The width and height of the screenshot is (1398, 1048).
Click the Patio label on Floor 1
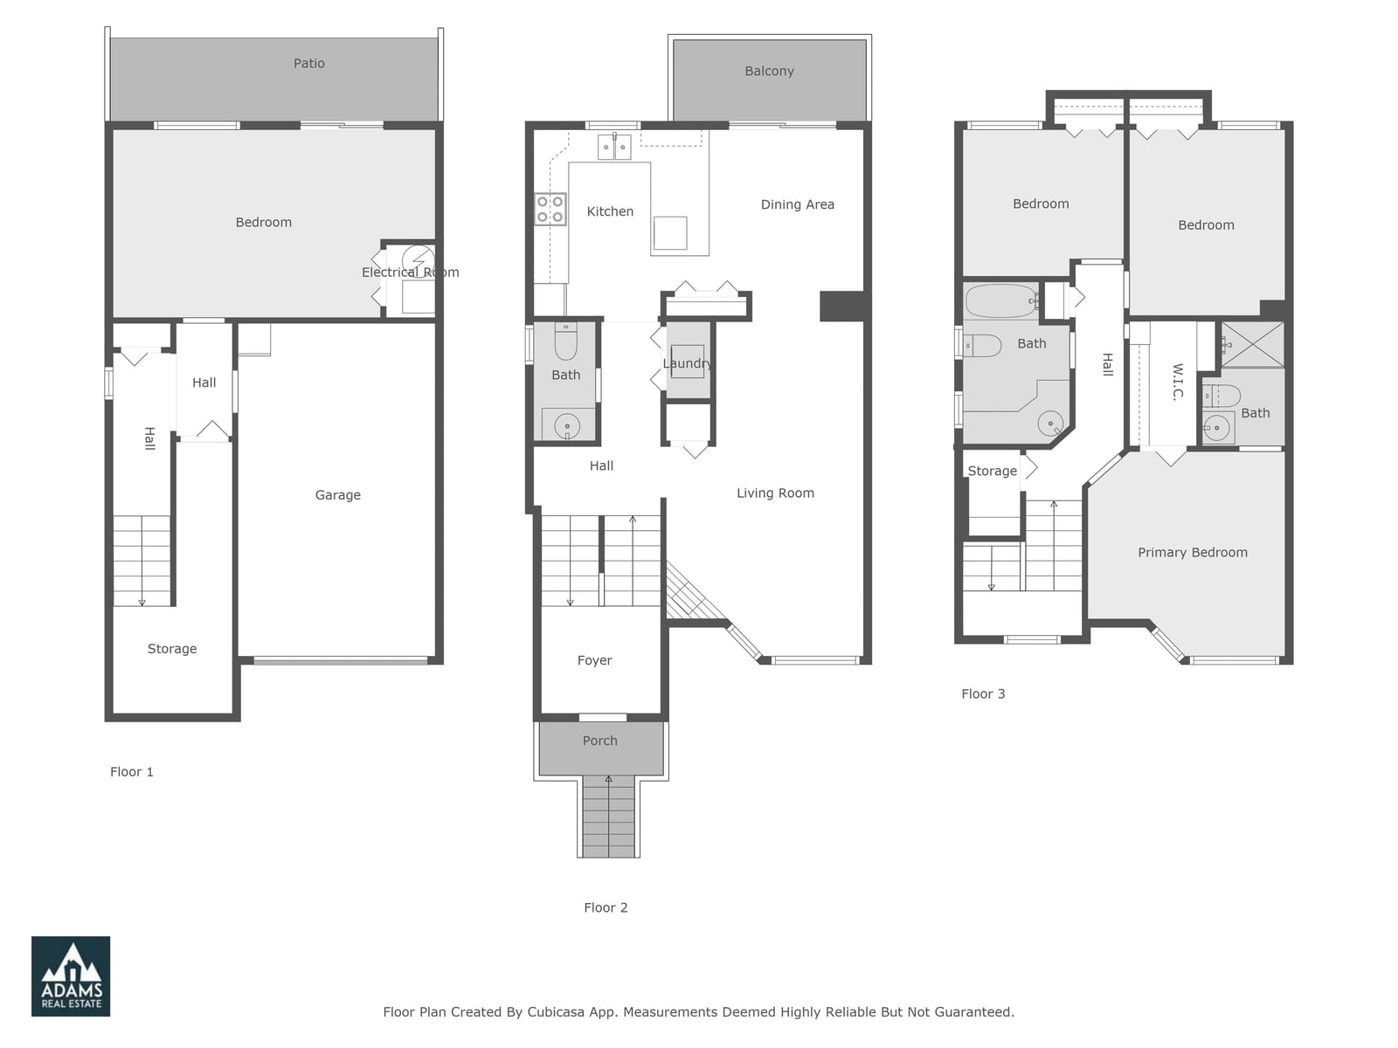point(309,64)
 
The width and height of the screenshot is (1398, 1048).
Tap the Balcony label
point(770,72)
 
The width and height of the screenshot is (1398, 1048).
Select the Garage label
point(337,495)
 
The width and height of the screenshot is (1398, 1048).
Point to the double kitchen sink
point(614,147)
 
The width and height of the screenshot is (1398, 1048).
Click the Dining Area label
point(798,205)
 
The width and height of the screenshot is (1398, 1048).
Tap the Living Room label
point(775,493)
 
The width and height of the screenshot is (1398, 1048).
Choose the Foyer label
point(594,660)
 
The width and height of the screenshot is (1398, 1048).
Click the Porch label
point(600,741)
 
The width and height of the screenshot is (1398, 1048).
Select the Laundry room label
point(688,363)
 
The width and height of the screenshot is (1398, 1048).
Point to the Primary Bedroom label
point(1193,552)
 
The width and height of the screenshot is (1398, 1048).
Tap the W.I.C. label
point(1178,381)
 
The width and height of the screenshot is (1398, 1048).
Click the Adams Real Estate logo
point(71,976)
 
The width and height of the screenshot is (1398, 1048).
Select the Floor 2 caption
point(606,907)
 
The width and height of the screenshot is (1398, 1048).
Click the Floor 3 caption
point(983,693)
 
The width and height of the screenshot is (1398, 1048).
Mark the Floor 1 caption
point(131,772)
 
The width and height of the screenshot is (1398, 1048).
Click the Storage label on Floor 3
point(992,471)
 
